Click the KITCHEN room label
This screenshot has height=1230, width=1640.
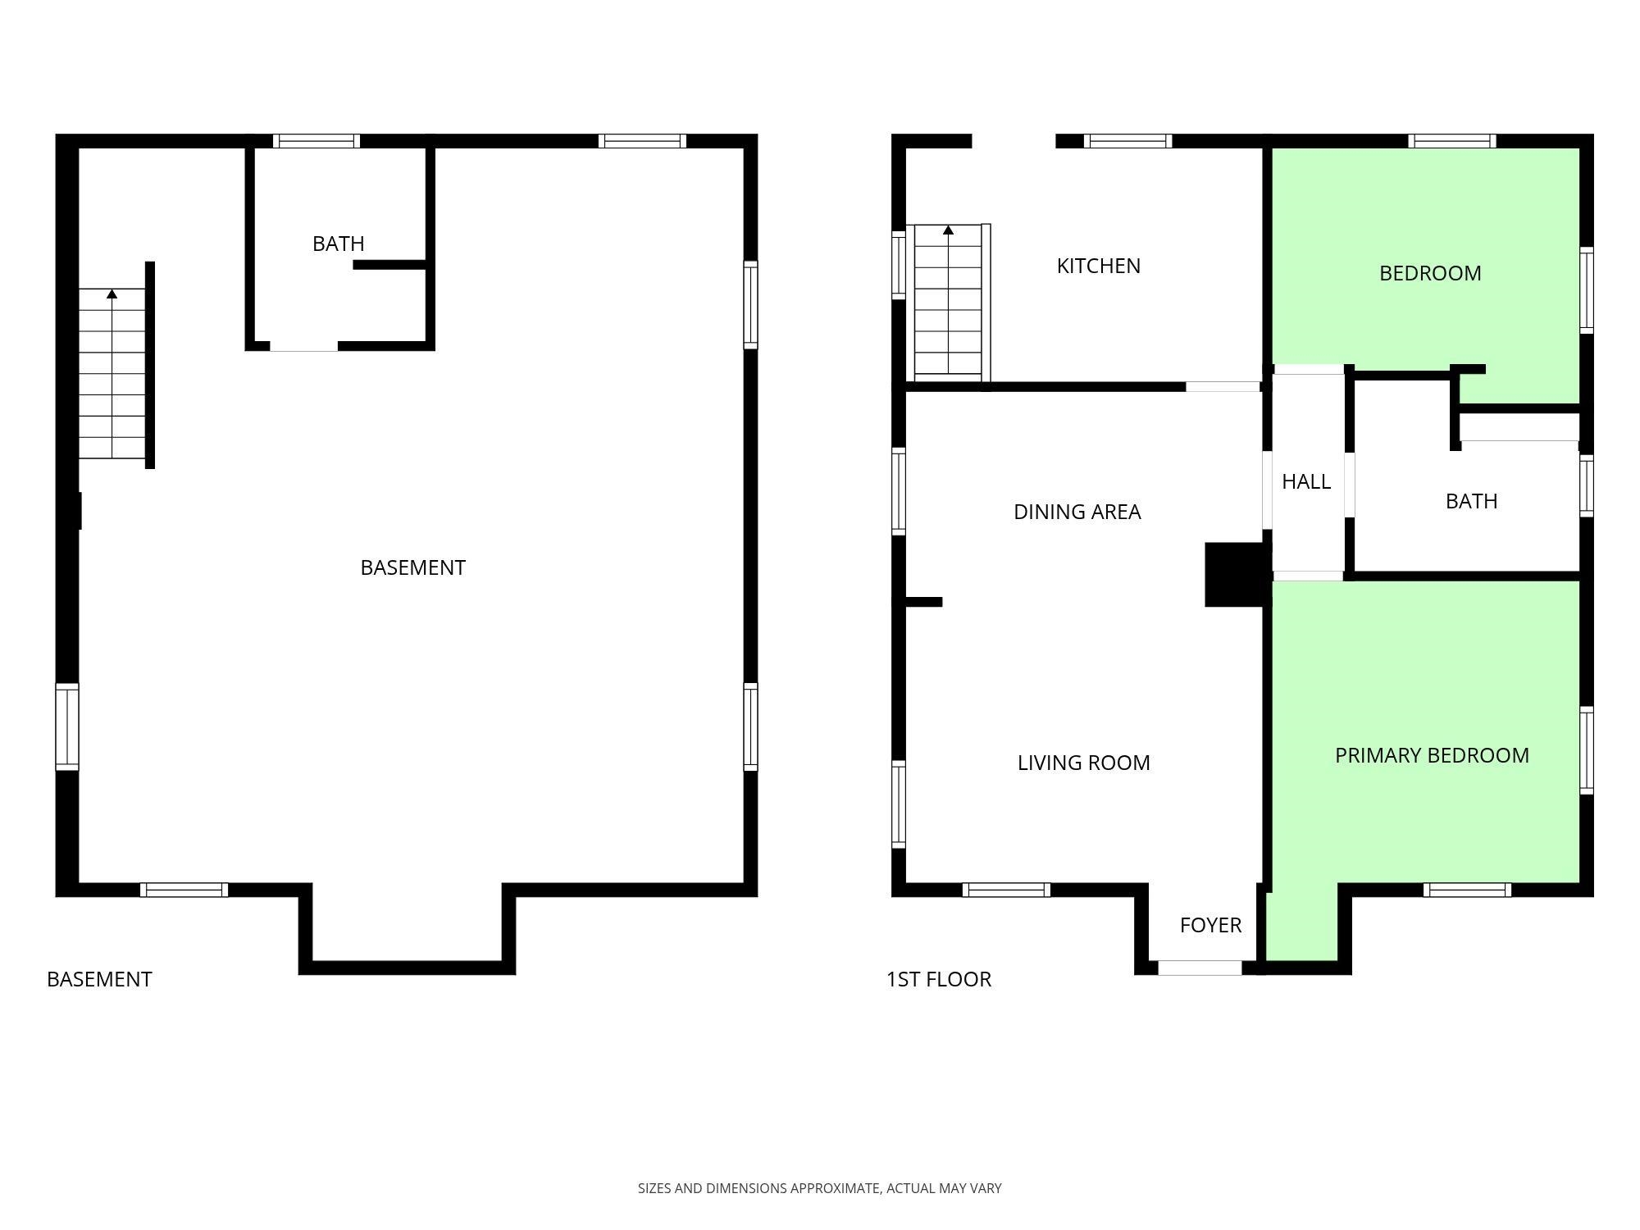click(1098, 266)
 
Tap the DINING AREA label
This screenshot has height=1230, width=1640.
click(1077, 512)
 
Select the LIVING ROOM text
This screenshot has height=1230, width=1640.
click(1083, 763)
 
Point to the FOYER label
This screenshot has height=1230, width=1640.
click(1210, 925)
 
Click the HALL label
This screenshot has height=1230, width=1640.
click(1305, 481)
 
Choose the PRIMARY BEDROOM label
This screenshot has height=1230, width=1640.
click(1432, 755)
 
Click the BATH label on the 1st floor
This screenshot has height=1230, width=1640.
click(1471, 501)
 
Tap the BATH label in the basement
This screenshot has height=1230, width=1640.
click(338, 244)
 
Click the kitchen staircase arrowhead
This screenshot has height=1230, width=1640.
click(948, 230)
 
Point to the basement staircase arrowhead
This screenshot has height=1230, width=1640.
click(112, 294)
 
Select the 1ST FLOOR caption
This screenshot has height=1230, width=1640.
click(938, 979)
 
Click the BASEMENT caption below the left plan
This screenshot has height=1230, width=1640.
click(99, 979)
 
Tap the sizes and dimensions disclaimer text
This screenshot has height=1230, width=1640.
click(819, 1188)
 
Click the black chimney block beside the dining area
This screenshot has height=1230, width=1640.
click(1235, 574)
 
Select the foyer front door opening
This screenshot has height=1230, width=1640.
click(1200, 968)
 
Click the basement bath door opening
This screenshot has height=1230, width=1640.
click(303, 347)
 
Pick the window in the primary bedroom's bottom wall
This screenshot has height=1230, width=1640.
click(1467, 890)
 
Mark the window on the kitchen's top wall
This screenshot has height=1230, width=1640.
click(1127, 141)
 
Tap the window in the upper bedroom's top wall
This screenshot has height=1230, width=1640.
click(1451, 141)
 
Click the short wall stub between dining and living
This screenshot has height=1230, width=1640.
click(924, 602)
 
